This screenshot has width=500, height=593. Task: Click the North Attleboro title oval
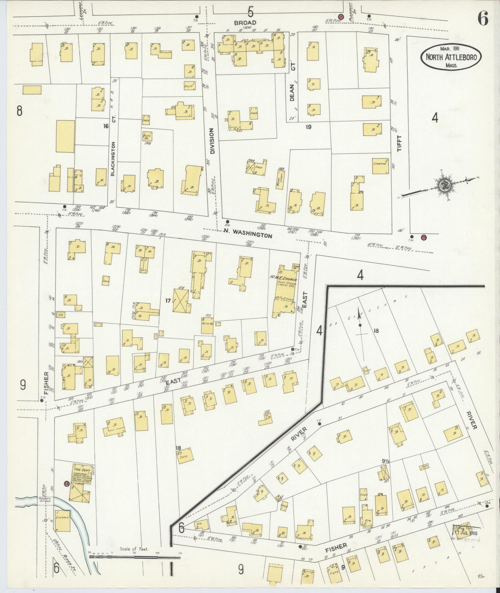451,57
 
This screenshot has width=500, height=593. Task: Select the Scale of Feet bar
135,556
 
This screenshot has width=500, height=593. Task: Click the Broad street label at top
245,23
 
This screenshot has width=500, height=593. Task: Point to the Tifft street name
400,143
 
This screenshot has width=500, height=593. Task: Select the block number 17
168,301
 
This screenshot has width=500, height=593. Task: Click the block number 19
308,127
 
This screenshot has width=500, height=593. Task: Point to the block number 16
106,126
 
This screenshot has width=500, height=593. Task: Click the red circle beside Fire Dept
66,484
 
